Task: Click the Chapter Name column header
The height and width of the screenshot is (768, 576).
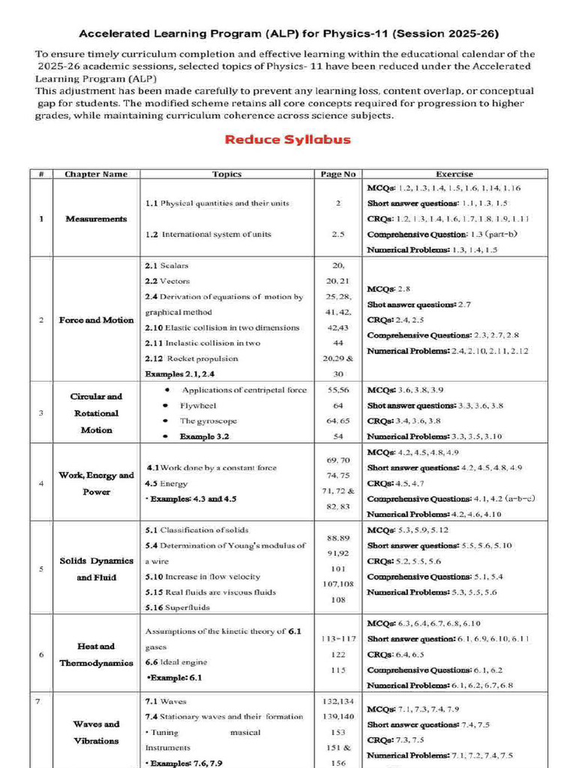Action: tap(96, 174)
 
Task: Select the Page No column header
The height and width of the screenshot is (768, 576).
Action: tap(337, 174)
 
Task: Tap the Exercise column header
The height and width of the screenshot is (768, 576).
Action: tap(454, 174)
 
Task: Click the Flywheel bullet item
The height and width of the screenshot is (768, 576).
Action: tap(197, 406)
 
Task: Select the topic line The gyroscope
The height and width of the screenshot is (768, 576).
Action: tap(202, 421)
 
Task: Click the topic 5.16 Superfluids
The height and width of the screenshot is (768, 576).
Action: tap(177, 607)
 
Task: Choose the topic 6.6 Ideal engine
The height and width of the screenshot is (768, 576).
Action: tap(176, 662)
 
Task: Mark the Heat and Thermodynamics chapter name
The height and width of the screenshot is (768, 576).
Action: tap(96, 654)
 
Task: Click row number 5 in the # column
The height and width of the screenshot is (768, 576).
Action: tap(40, 568)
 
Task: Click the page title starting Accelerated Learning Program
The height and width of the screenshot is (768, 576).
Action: tap(289, 34)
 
